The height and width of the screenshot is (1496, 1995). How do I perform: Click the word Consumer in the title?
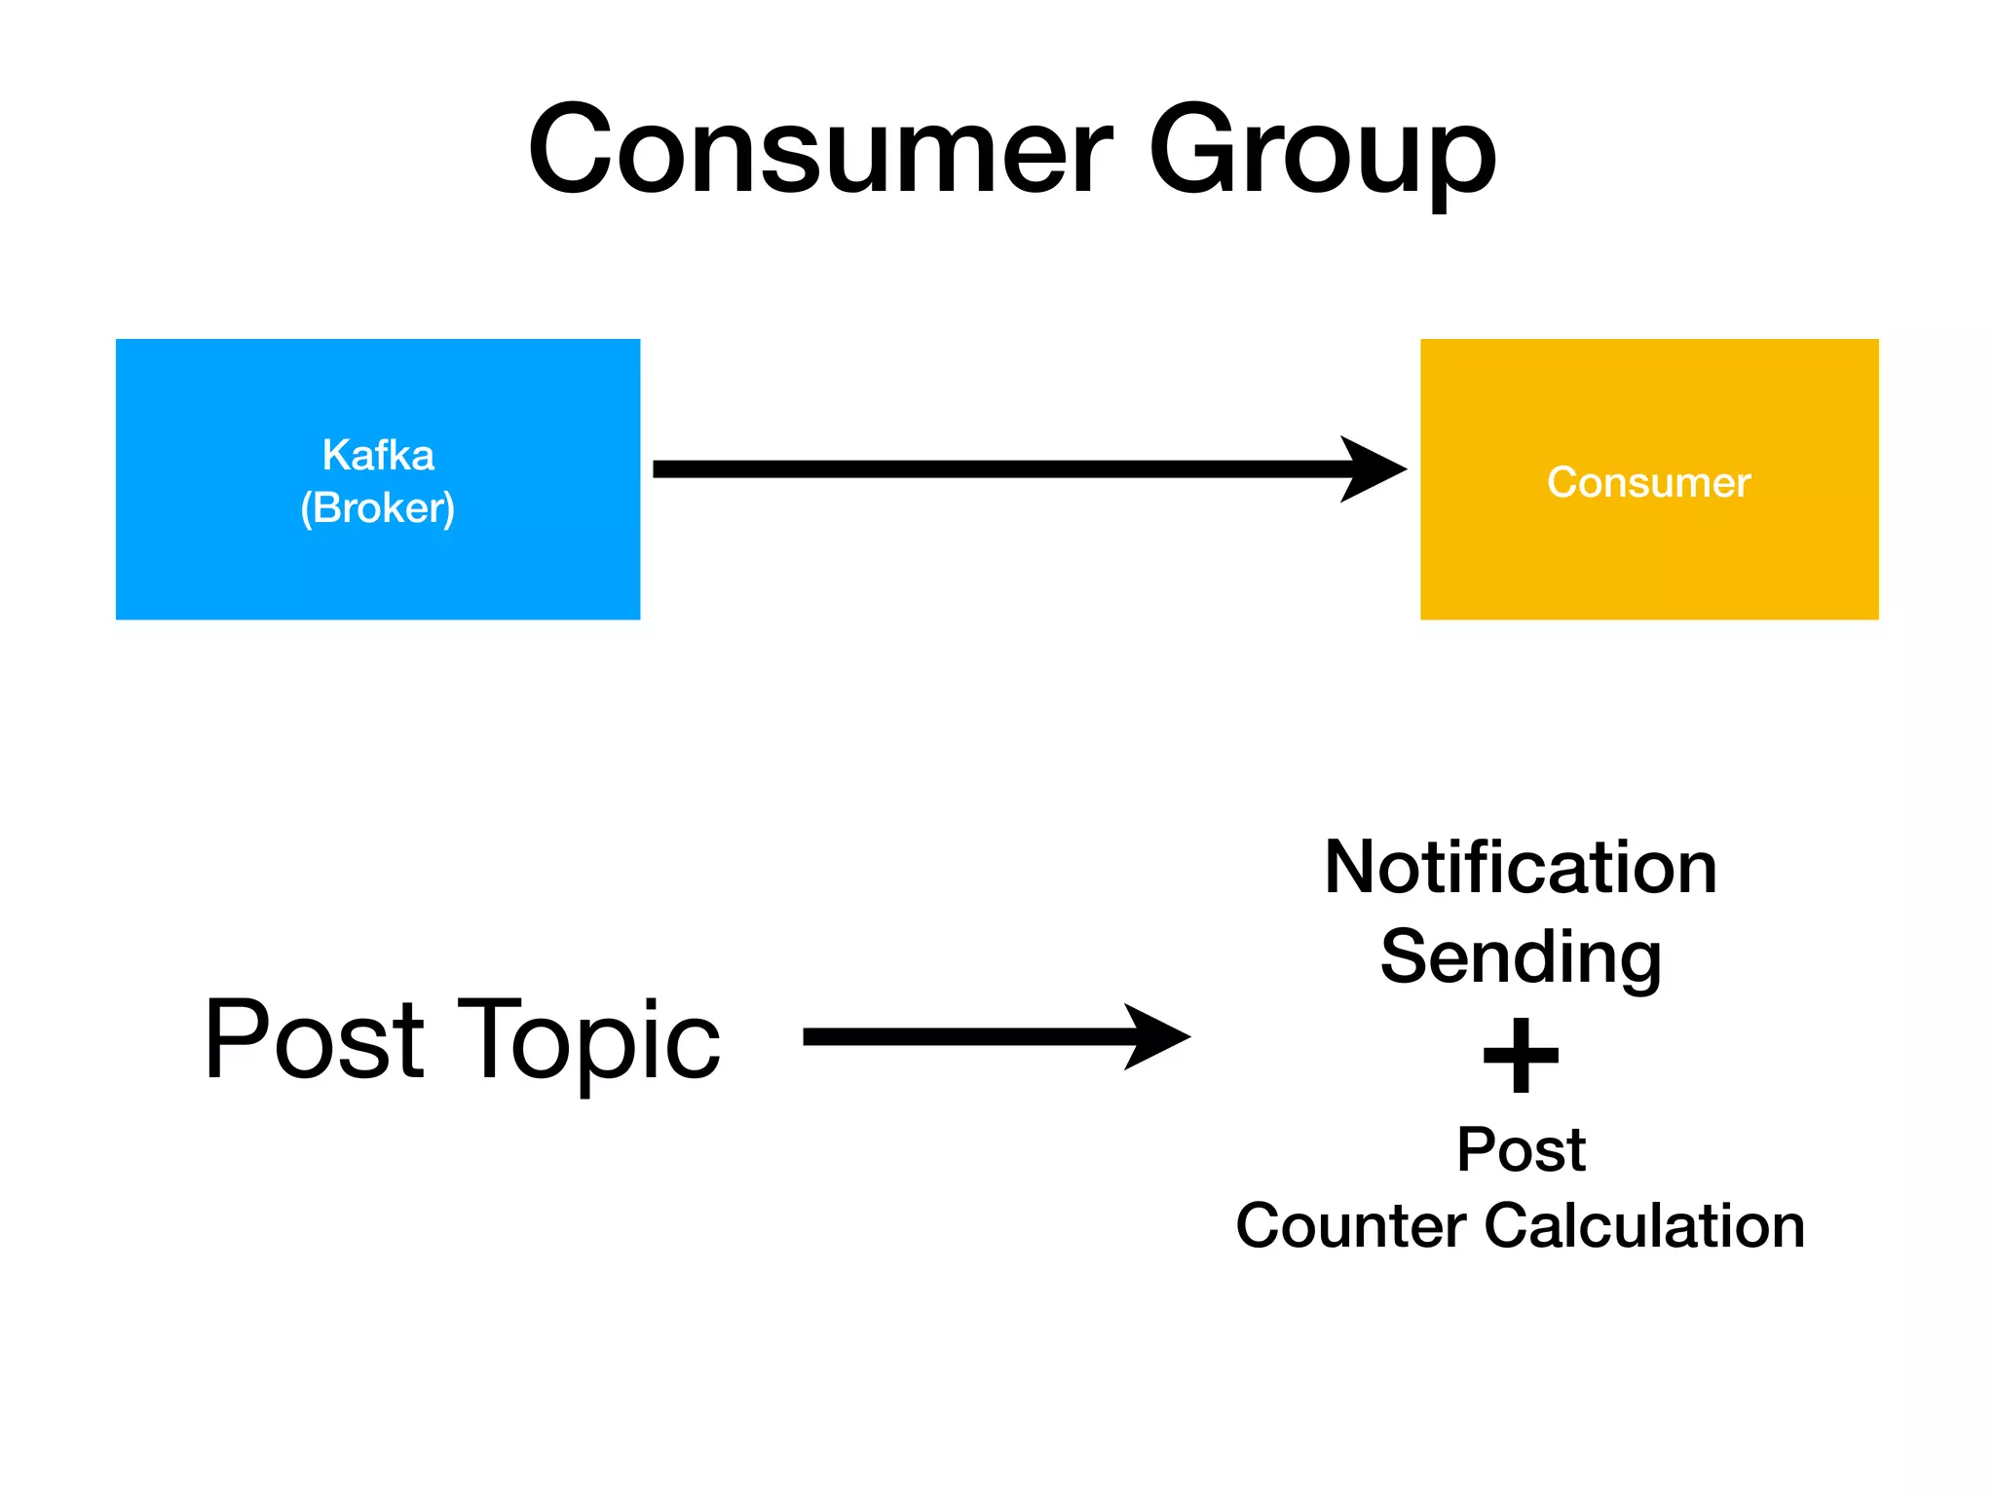tap(818, 151)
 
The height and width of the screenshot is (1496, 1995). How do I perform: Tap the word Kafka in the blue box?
tap(378, 455)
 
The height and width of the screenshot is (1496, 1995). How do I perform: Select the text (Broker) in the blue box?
tap(378, 507)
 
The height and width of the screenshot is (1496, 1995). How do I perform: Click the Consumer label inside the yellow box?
tap(1648, 482)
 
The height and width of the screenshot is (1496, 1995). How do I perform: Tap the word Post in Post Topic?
tap(314, 1039)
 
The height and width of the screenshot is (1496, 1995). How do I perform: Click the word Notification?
tap(1520, 867)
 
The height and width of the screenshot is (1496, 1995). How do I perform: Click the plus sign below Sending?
tap(1521, 1056)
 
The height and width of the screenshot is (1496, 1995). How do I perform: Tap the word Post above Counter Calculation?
tap(1521, 1149)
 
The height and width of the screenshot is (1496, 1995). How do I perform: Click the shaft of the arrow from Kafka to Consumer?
tap(994, 469)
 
